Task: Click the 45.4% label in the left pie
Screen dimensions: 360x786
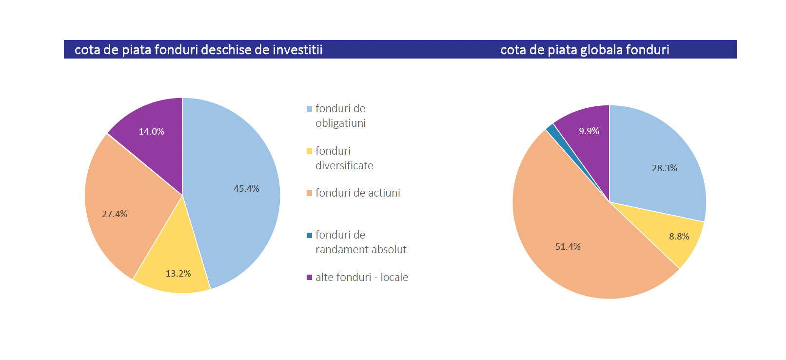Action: (x=246, y=189)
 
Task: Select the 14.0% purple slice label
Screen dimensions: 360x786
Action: (x=151, y=132)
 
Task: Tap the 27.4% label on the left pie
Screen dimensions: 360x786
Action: (x=115, y=214)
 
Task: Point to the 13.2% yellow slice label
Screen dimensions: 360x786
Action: (x=178, y=274)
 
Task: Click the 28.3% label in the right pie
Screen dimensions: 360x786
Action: (x=665, y=168)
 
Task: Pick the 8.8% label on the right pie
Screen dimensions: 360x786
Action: (x=679, y=237)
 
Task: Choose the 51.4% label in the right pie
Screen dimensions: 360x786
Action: (x=568, y=247)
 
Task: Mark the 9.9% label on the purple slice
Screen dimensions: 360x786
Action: (x=589, y=131)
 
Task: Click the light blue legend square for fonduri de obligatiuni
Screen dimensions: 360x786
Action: (x=309, y=109)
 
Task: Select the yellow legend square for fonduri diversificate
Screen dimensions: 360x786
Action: (x=309, y=151)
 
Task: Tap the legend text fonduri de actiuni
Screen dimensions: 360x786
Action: (x=357, y=193)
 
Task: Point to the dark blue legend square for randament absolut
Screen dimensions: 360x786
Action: (x=309, y=235)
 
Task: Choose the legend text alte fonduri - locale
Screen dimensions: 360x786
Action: (x=362, y=278)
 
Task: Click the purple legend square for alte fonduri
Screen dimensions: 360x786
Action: (x=309, y=278)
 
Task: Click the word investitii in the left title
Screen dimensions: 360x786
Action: (x=297, y=50)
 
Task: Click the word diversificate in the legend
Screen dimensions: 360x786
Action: (x=344, y=166)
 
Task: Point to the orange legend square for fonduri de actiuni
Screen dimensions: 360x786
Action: (x=309, y=193)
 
